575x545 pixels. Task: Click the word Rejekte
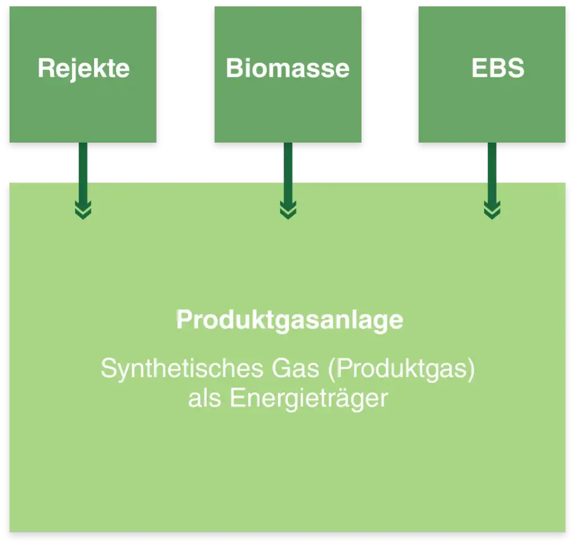(84, 68)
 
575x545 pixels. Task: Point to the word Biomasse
(287, 68)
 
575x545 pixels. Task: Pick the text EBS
(498, 68)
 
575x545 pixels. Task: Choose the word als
(204, 398)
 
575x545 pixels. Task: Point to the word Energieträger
(309, 399)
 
